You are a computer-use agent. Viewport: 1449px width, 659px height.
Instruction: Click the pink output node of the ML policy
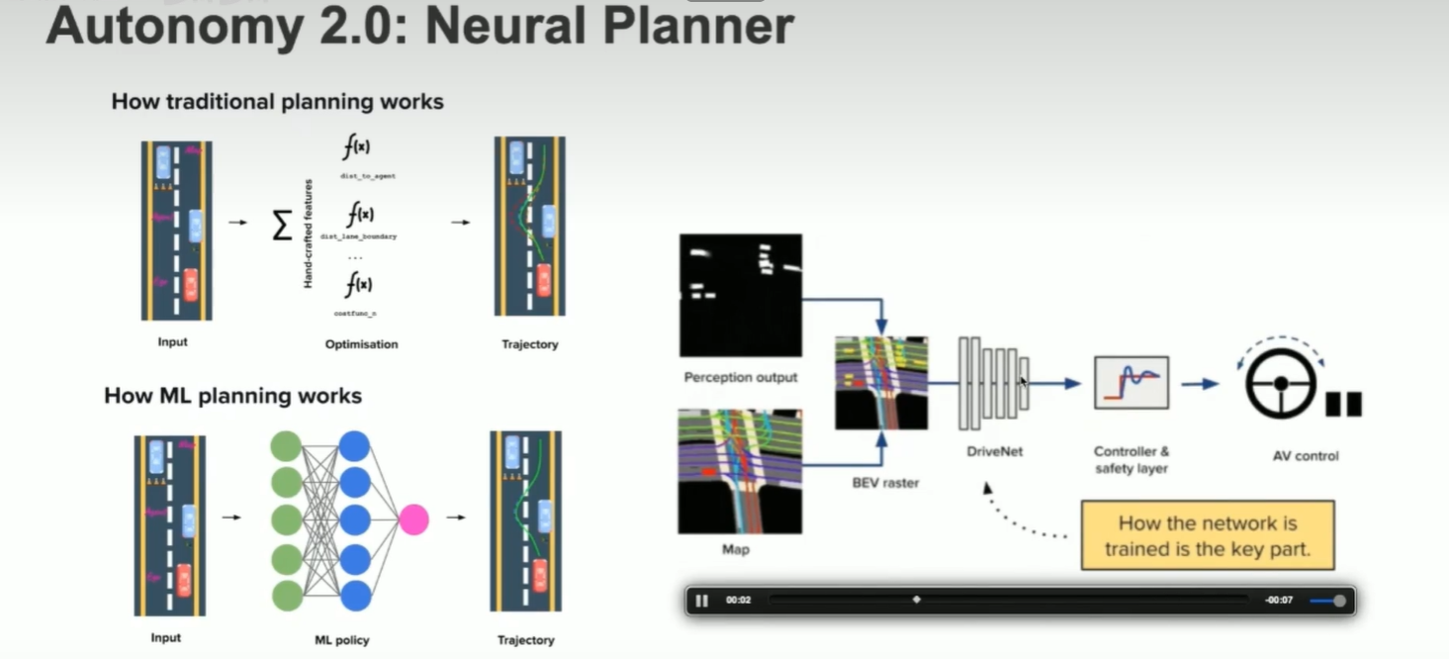point(413,519)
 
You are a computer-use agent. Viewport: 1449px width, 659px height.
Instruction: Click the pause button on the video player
point(702,601)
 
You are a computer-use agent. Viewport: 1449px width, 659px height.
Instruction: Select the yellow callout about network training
point(1207,535)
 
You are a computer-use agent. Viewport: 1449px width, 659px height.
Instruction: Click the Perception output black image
point(740,295)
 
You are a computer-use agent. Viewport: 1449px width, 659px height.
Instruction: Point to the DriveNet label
point(994,451)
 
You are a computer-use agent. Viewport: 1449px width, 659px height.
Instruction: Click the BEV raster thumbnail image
point(881,383)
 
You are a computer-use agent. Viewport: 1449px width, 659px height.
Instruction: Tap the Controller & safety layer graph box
point(1132,383)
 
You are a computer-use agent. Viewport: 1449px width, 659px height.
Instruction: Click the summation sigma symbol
point(282,226)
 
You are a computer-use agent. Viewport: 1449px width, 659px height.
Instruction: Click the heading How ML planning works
point(233,397)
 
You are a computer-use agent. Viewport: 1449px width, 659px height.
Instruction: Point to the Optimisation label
point(361,344)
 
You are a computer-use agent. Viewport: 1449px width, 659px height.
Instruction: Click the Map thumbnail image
point(740,471)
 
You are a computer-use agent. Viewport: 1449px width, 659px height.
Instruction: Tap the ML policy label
point(341,640)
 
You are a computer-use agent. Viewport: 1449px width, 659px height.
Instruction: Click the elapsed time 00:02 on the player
point(739,601)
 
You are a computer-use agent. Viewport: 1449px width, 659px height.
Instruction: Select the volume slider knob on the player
point(1339,601)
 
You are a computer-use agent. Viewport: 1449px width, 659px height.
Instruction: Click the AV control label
point(1306,456)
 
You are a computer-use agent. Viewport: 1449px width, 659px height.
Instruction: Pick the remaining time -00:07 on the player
point(1279,601)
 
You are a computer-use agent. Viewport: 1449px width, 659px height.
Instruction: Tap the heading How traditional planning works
point(277,102)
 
